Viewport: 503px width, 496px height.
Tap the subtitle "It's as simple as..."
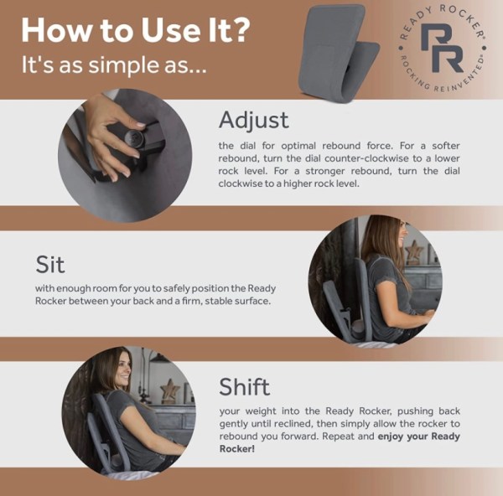[112, 65]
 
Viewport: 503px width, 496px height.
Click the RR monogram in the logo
[442, 49]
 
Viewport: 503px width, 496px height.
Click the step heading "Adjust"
[253, 120]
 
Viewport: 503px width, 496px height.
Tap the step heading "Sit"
[50, 264]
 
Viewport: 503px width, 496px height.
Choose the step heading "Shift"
[245, 386]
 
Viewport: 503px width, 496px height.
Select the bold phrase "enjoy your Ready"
[418, 437]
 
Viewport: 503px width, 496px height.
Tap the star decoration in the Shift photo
[169, 390]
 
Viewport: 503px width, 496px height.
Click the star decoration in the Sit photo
[414, 251]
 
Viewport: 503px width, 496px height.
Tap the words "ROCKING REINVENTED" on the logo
[442, 81]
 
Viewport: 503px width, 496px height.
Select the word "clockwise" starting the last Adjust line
[242, 184]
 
